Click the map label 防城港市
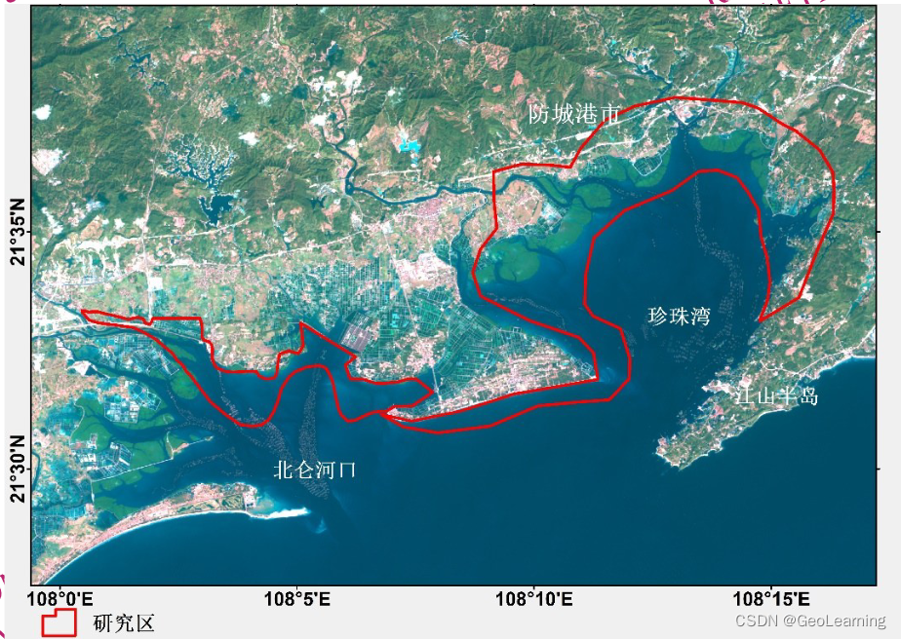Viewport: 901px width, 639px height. [574, 115]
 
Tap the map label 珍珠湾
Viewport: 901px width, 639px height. [679, 317]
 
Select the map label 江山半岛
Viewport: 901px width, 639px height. [777, 396]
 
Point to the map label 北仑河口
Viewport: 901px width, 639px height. [315, 470]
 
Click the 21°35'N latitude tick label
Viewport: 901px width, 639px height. [17, 232]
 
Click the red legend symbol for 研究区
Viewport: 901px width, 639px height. [59, 622]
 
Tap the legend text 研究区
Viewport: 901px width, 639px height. [124, 623]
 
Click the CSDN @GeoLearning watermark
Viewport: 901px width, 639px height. [810, 620]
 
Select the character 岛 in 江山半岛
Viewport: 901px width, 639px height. [808, 396]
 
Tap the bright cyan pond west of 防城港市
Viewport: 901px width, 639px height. [411, 149]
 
